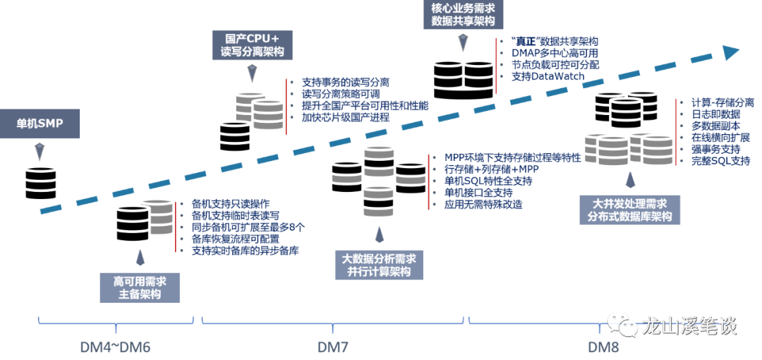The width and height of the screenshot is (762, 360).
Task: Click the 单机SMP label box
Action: [40, 124]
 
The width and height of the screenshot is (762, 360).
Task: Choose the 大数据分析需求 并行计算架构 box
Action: [379, 265]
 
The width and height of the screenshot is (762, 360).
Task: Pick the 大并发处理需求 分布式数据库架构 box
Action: [629, 210]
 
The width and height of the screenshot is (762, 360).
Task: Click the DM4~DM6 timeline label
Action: [115, 347]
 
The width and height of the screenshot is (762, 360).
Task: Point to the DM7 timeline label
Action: [332, 347]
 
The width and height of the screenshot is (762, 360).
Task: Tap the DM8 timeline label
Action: [604, 347]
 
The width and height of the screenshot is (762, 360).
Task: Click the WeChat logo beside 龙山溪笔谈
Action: [622, 324]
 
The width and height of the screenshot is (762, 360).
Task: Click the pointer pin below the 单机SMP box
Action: [39, 151]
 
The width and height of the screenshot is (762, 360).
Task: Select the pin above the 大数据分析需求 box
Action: [379, 234]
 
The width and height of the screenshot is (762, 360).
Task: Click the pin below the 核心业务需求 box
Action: [463, 44]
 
